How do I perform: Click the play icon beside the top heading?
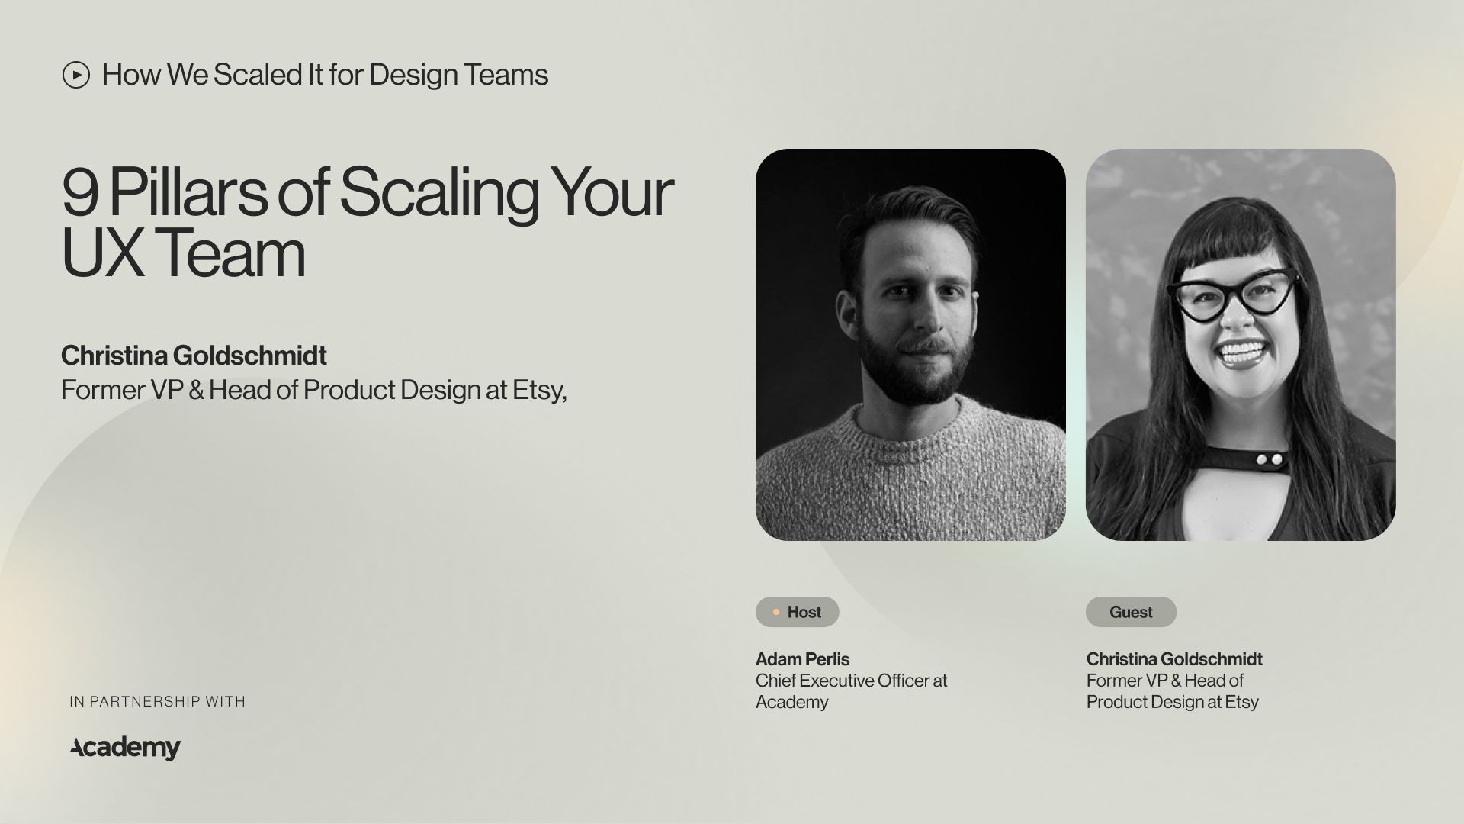point(76,75)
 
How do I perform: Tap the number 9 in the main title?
point(80,193)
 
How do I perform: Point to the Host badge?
point(797,612)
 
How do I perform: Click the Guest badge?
point(1131,612)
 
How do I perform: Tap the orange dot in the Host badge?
point(776,612)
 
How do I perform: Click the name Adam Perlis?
point(802,659)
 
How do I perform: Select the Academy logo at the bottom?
point(126,748)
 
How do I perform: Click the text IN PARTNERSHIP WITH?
point(157,701)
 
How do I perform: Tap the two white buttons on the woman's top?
point(1268,459)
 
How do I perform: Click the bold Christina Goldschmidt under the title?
point(194,356)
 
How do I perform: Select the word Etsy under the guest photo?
point(1241,702)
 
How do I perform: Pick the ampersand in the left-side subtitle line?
point(196,390)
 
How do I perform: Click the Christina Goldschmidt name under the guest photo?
point(1174,659)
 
